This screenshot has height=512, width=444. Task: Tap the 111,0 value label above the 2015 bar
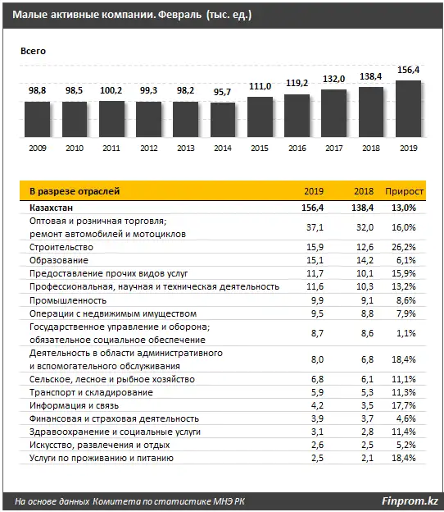click(x=260, y=87)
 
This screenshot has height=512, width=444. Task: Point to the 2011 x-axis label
click(x=111, y=148)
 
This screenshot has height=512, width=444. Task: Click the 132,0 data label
click(x=333, y=79)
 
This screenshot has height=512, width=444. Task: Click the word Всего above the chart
click(x=34, y=51)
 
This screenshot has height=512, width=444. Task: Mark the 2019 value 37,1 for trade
click(x=314, y=227)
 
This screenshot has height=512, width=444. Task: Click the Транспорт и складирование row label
click(x=89, y=392)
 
